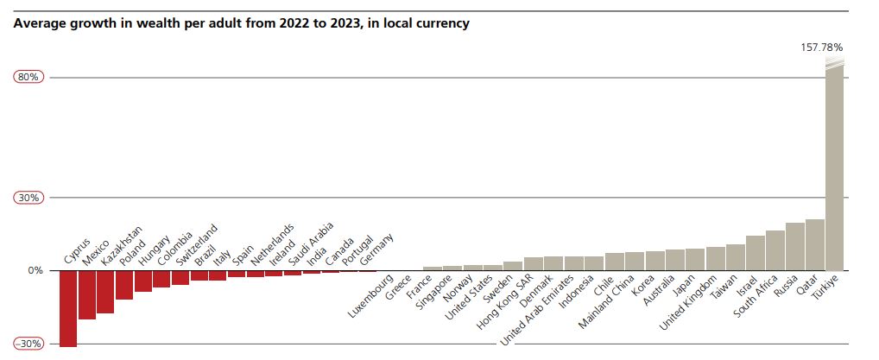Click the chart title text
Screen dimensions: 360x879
242,23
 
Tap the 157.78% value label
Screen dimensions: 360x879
821,47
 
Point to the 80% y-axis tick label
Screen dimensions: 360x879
28,78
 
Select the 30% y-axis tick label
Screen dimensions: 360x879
28,198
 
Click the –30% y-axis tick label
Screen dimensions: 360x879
28,344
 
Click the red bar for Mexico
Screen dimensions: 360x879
87,294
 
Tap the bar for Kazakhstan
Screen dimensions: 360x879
105,292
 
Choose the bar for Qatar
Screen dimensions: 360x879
814,245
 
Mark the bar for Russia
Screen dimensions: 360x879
794,247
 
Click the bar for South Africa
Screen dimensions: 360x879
775,250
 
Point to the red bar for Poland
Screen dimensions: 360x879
124,285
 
